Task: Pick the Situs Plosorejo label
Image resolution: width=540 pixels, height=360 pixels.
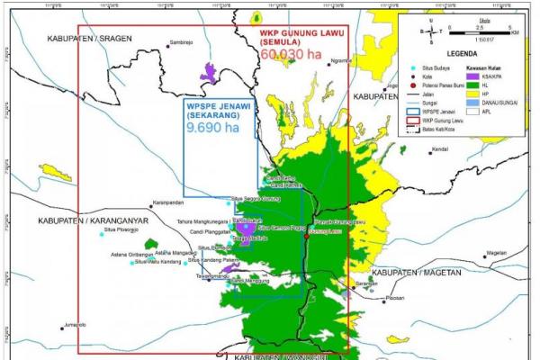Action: click(x=122, y=231)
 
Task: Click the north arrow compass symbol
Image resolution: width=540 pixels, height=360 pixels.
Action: click(x=431, y=34)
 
